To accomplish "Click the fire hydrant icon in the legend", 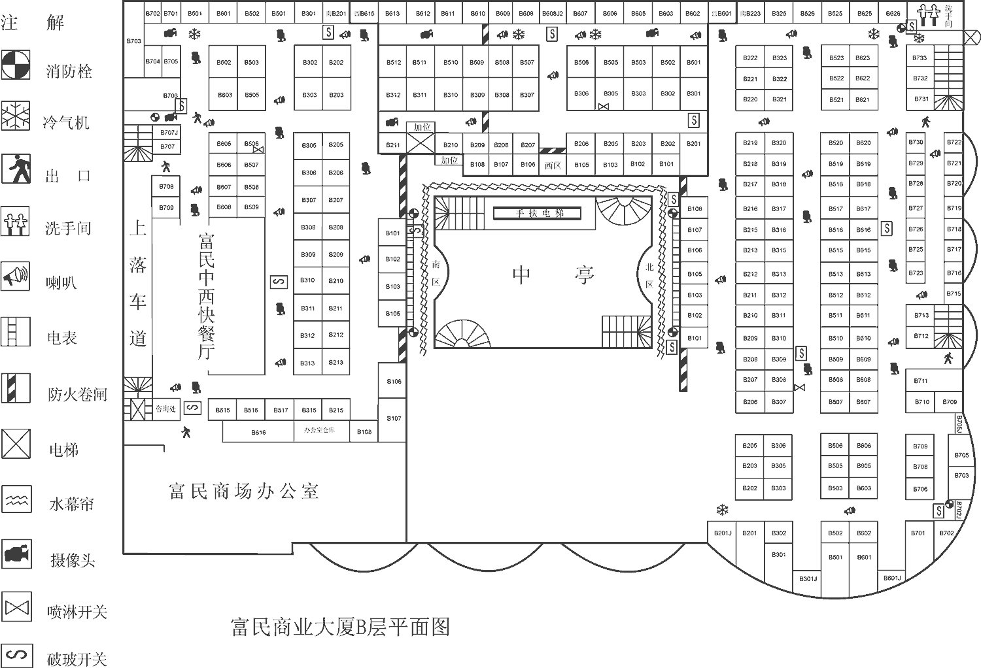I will tap(16, 65).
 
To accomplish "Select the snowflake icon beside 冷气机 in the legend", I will tap(16, 117).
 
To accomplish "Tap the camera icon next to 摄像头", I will tap(16, 554).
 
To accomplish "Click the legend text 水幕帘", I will tap(71, 504).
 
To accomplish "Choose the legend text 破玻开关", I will tap(77, 658).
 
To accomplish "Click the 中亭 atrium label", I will tap(553, 275).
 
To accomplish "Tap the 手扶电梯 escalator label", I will tap(538, 213).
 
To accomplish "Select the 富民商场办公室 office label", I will tap(243, 492).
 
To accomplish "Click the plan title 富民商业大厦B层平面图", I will tap(341, 627).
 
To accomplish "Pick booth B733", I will tap(920, 58).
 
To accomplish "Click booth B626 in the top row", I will tap(893, 13).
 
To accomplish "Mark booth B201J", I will tap(723, 533).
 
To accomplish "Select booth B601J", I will tap(892, 578).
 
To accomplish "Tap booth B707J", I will tap(169, 133).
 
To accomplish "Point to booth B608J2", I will tap(553, 13).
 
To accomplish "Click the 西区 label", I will tap(553, 166).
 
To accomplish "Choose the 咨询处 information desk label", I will tap(165, 409).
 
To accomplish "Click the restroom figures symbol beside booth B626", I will tap(928, 15).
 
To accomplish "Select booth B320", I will tap(779, 142).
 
